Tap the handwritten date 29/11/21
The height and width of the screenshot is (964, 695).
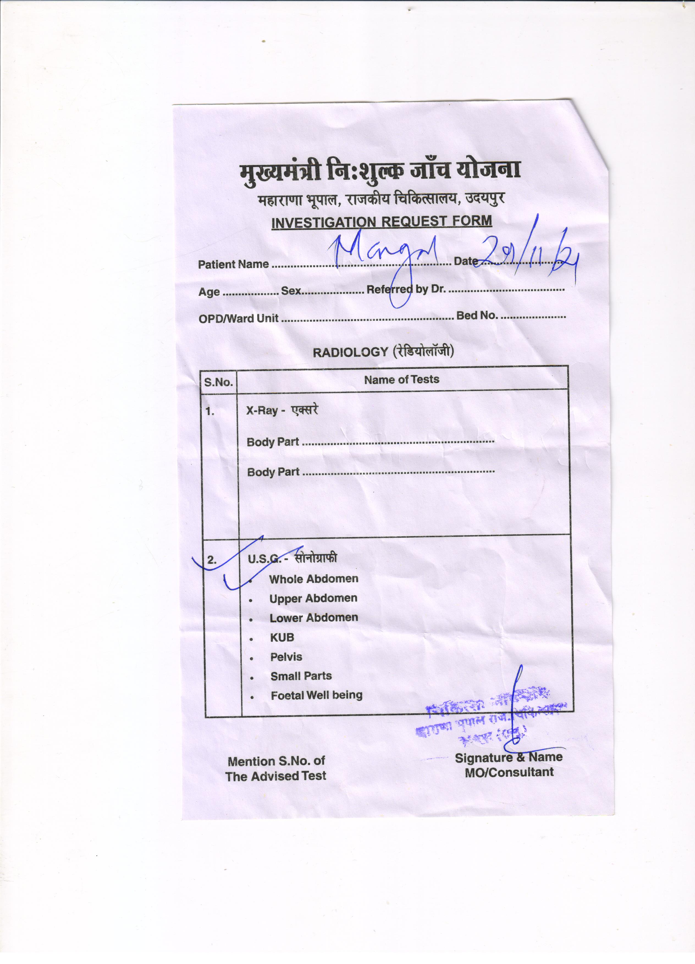[529, 255]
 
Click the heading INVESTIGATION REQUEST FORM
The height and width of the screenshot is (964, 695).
[381, 222]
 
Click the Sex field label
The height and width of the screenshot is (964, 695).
[291, 291]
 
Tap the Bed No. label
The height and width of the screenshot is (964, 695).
[476, 315]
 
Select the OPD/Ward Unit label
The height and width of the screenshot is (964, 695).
[238, 318]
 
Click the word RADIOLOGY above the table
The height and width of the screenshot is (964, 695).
[350, 352]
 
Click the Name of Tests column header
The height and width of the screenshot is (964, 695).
[401, 380]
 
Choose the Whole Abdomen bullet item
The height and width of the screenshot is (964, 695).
[314, 579]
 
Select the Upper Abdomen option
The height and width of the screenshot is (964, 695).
[313, 598]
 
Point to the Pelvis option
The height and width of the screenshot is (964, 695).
[286, 657]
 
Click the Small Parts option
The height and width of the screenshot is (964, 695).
[301, 676]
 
